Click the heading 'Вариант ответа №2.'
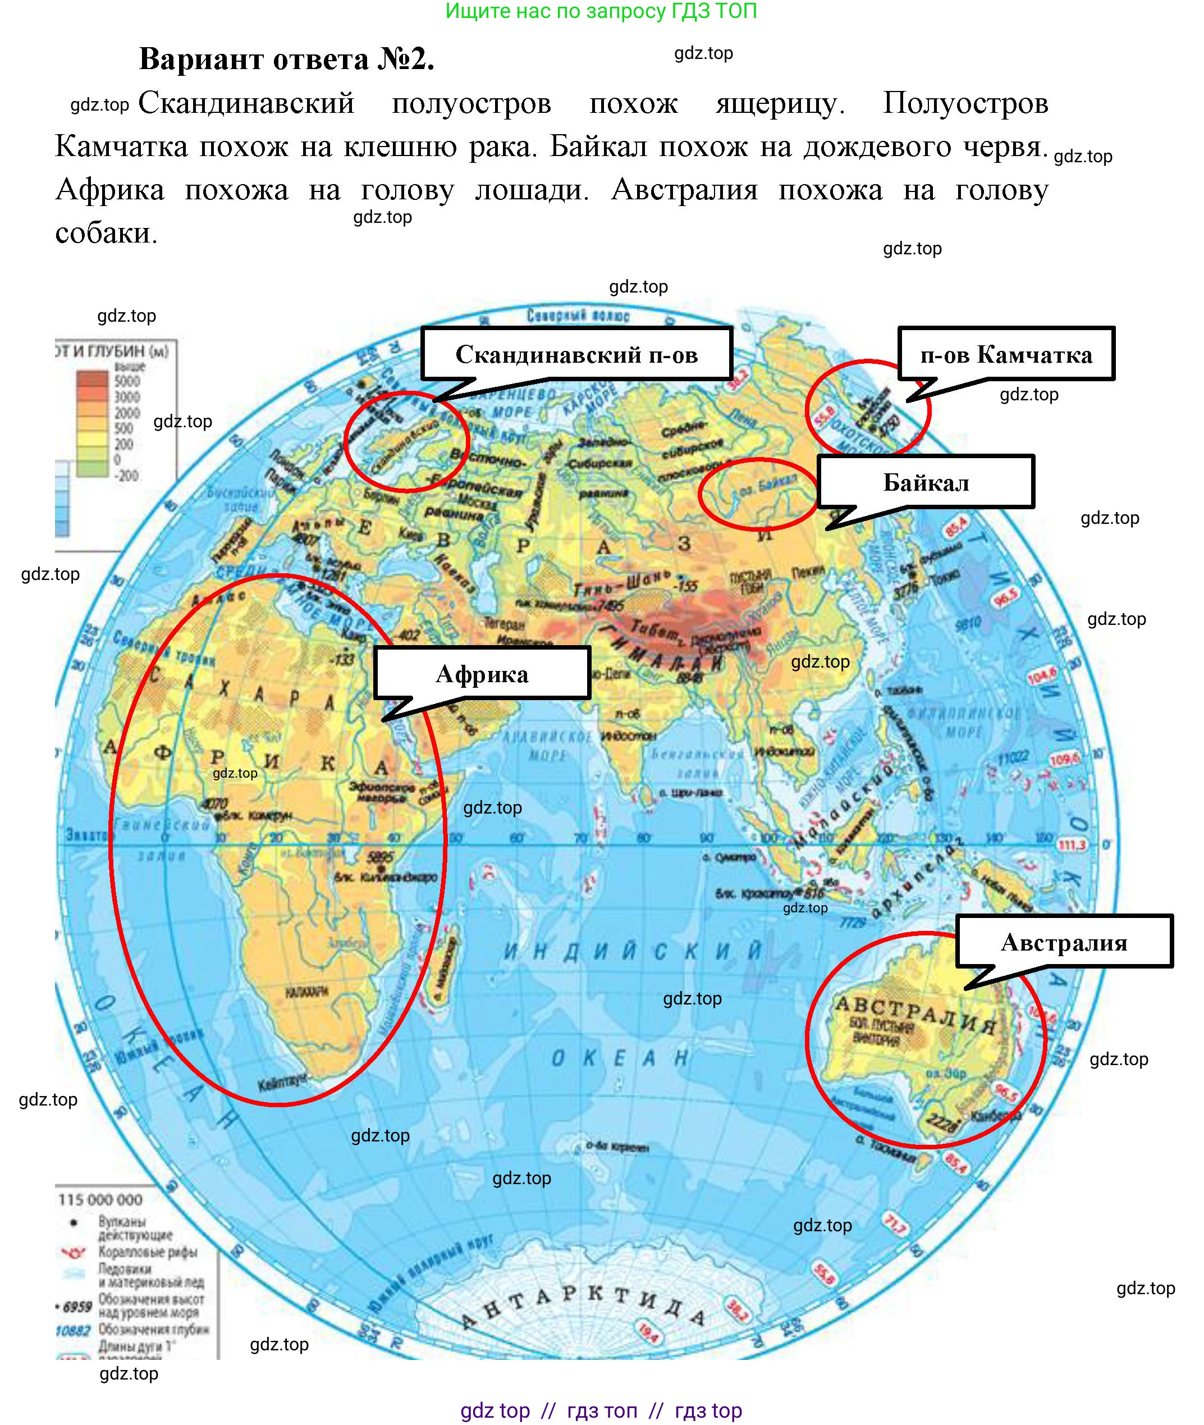click(287, 60)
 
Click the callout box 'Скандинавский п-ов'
click(577, 354)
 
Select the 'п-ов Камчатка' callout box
click(1006, 354)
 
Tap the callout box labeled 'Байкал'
click(926, 483)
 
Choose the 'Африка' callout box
click(482, 674)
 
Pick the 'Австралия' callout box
click(1064, 942)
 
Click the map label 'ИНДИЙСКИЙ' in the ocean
click(632, 951)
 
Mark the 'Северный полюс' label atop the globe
click(578, 316)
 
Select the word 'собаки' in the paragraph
click(106, 234)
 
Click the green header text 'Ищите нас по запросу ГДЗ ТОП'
click(601, 11)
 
